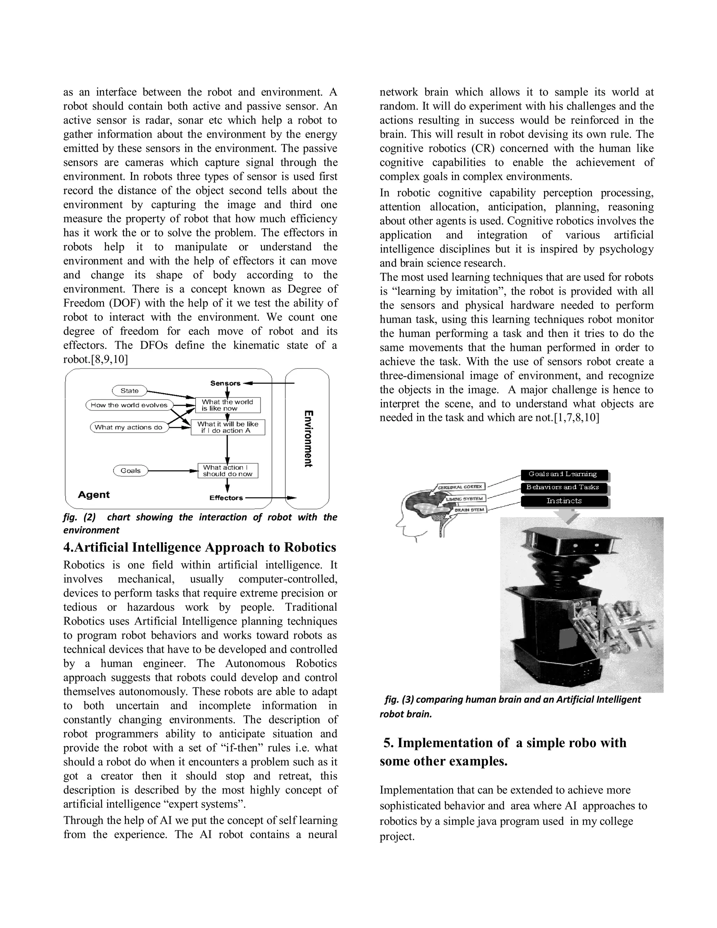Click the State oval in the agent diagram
[x=130, y=390]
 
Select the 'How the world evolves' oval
[x=129, y=405]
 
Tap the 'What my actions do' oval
[x=129, y=427]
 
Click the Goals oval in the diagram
[x=130, y=470]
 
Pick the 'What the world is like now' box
[x=227, y=405]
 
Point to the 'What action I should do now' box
[x=228, y=470]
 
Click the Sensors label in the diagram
[x=225, y=383]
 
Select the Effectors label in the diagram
[x=226, y=498]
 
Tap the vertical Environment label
[x=309, y=438]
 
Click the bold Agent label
[x=94, y=494]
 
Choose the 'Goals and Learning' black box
[x=563, y=474]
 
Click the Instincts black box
[x=564, y=501]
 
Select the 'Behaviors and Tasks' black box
[x=563, y=487]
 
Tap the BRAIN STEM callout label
[x=469, y=509]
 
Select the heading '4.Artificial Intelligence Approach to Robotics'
[x=200, y=547]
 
